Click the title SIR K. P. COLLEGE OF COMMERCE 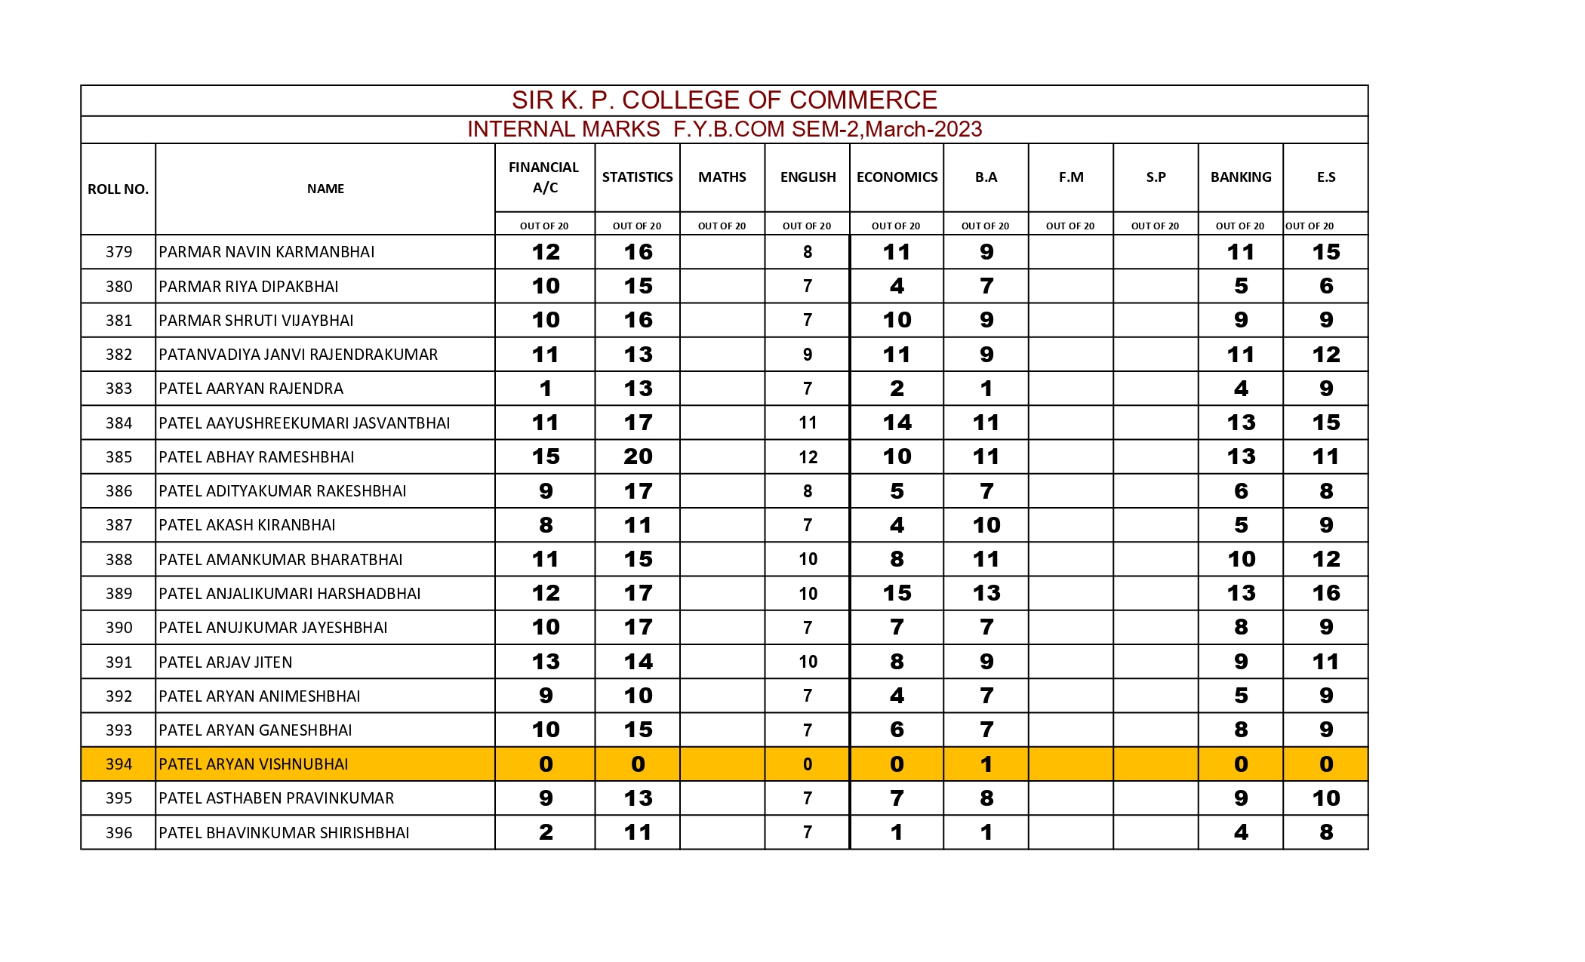click(x=724, y=100)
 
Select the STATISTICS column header click(x=637, y=177)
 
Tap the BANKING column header click(x=1240, y=177)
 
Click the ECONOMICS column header click(x=897, y=177)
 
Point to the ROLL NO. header click(x=118, y=189)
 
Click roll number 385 click(x=118, y=457)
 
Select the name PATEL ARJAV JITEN click(x=225, y=662)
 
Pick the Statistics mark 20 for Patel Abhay click(x=638, y=456)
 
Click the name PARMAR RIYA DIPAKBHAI click(x=248, y=287)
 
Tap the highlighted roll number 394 click(x=118, y=764)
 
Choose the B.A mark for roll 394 click(x=986, y=764)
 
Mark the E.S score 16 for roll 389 click(x=1325, y=593)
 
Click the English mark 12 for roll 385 click(x=808, y=457)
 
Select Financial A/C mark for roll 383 click(x=545, y=389)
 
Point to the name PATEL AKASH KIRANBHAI click(x=247, y=525)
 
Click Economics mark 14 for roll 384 click(x=897, y=423)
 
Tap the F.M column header click(x=1070, y=177)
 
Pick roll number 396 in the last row click(x=118, y=833)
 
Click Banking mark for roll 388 click(x=1240, y=559)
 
